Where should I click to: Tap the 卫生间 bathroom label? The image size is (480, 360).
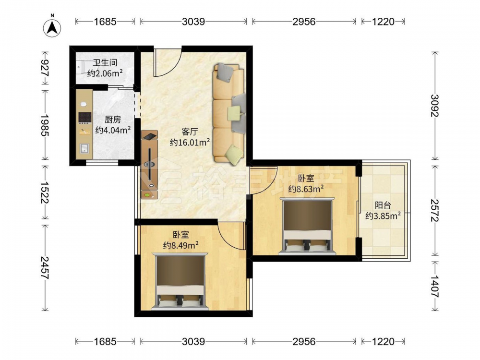[x=105, y=63]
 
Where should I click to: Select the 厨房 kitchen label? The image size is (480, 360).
[x=113, y=119]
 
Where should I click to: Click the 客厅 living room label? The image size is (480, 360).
[x=190, y=132]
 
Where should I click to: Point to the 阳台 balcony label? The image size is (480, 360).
[x=383, y=205]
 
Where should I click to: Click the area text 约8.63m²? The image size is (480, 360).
[x=306, y=189]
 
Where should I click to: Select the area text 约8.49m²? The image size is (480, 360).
[x=180, y=245]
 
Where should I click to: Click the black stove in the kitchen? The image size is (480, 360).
[x=85, y=117]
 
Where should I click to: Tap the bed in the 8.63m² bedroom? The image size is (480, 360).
[x=307, y=227]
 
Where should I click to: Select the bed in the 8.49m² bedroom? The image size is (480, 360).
[x=180, y=282]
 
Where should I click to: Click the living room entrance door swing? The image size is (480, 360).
[x=168, y=62]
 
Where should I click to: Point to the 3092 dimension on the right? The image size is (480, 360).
[x=435, y=106]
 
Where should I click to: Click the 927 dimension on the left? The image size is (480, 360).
[x=45, y=68]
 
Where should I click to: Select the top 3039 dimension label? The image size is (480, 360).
[x=193, y=22]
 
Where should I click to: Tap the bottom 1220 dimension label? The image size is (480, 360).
[x=383, y=341]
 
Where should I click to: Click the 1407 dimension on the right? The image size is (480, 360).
[x=435, y=286]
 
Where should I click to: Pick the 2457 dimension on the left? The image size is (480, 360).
[x=45, y=267]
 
